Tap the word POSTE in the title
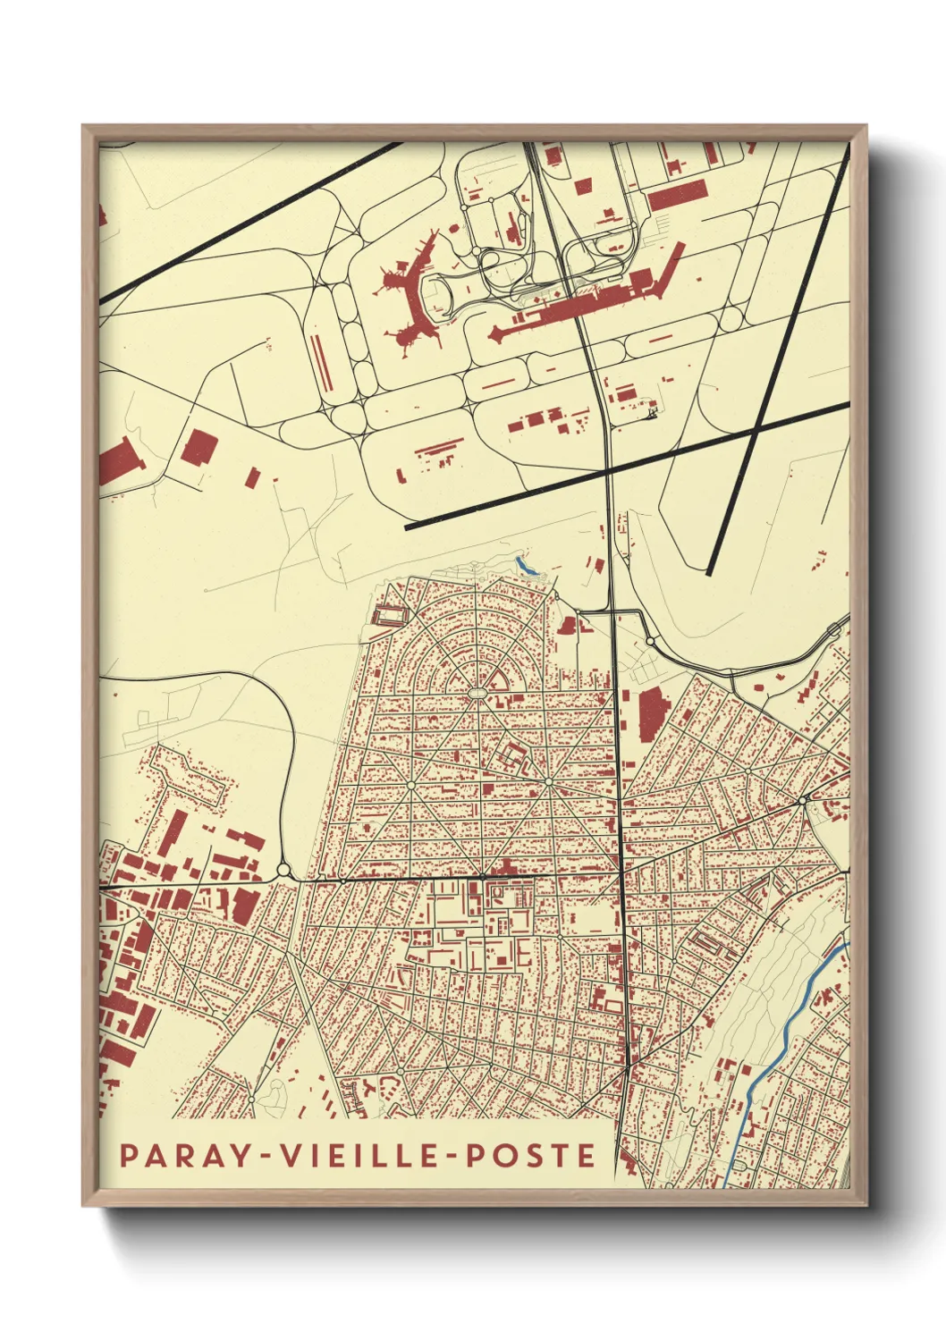(528, 1155)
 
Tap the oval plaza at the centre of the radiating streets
(478, 692)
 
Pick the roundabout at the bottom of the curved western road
(284, 869)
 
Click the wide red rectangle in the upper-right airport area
(677, 195)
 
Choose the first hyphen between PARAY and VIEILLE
(266, 1157)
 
